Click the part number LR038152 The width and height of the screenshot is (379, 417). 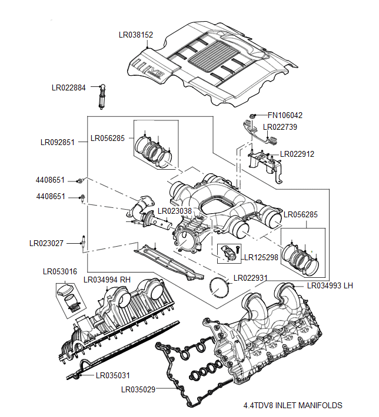pyautogui.click(x=136, y=35)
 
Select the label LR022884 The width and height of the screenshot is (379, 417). pyautogui.click(x=69, y=88)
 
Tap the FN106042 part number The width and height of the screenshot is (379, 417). pyautogui.click(x=285, y=116)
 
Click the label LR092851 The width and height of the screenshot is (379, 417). pyautogui.click(x=57, y=142)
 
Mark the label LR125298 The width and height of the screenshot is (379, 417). pyautogui.click(x=261, y=257)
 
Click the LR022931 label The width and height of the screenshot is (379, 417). pyautogui.click(x=251, y=278)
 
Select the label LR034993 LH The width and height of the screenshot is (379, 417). pyautogui.click(x=330, y=286)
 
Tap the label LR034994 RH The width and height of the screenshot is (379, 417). pyautogui.click(x=107, y=280)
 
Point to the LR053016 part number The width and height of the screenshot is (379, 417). pyautogui.click(x=60, y=272)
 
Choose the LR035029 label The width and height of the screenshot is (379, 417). pyautogui.click(x=138, y=389)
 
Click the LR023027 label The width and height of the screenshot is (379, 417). pyautogui.click(x=46, y=242)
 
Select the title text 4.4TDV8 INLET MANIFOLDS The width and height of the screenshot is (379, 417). pyautogui.click(x=292, y=405)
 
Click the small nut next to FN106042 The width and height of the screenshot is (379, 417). pyautogui.click(x=251, y=115)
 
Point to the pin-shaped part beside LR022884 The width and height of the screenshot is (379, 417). pyautogui.click(x=103, y=96)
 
